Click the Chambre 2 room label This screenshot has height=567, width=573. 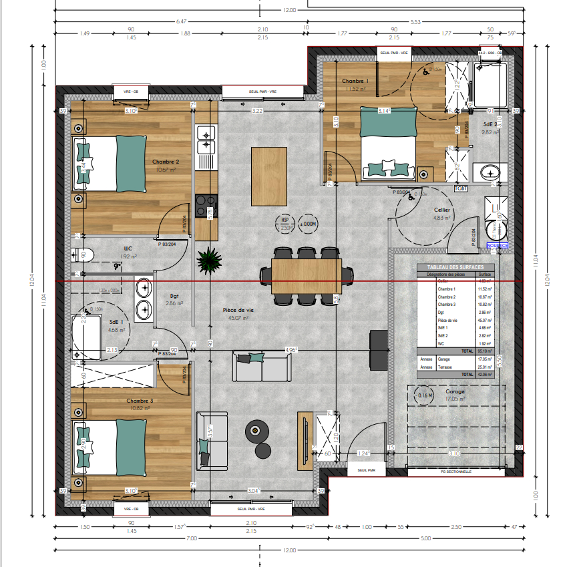(165, 162)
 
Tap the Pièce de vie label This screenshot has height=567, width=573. (238, 311)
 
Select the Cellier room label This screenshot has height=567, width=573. (441, 210)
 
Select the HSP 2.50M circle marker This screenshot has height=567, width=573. (284, 223)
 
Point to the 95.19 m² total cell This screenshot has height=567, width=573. (484, 350)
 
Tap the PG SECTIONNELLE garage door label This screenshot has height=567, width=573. (455, 471)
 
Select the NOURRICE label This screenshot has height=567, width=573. (497, 246)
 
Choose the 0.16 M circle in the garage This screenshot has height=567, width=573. (425, 395)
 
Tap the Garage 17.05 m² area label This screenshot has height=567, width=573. (456, 395)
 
